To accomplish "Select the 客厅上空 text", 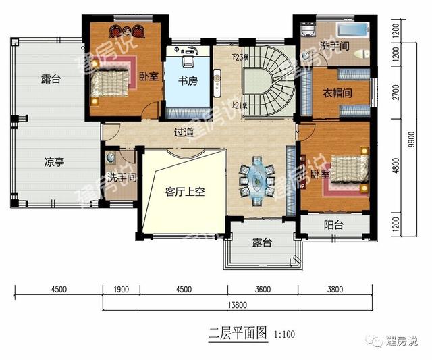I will [185, 191].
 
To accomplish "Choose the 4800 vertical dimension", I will [396, 167].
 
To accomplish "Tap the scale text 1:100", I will [284, 334].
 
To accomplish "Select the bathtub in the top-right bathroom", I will [350, 32].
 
